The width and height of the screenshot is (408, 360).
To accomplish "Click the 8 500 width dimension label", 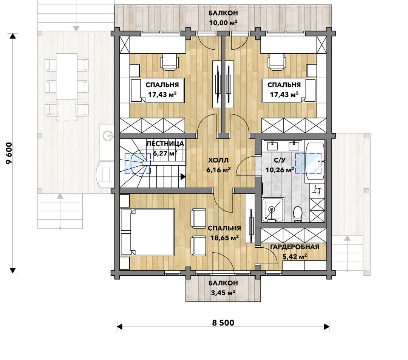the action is pos(223,323).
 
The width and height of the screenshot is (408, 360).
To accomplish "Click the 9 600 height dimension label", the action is pos(9,153).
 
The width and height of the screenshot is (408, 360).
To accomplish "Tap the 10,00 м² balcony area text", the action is pos(223,22).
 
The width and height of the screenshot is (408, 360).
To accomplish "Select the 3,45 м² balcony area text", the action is pos(223,293).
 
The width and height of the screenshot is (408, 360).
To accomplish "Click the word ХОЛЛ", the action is pos(218,160).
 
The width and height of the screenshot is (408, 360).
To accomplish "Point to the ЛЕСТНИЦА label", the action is pos(165,144).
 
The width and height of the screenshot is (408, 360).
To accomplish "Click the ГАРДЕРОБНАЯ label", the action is pos(295,247).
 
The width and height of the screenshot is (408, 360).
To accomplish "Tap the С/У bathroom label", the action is pos(280,160).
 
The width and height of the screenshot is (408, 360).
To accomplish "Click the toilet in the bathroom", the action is pos(297,214).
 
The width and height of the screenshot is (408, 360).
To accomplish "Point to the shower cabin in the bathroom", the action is pos(272,210).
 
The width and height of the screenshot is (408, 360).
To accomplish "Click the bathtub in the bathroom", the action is pos(315,161).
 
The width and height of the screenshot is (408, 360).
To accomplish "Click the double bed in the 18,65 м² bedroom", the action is pos(148,232).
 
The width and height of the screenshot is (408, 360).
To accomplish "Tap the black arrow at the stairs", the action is pos(183,177).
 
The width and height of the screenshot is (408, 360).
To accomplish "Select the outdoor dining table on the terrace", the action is pos(67,77).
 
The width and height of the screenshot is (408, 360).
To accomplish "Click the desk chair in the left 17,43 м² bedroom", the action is pos(170,62).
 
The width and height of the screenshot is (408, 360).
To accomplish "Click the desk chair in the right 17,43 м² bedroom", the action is pos(277,62).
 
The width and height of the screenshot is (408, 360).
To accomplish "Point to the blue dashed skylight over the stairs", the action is pos(138,163).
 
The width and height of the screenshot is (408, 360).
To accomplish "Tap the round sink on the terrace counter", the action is pos(107,135).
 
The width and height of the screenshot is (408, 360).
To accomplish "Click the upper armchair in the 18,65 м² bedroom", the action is pos(199,218).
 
